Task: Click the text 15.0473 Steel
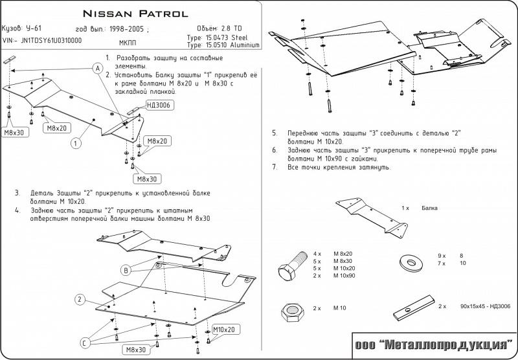(x=229, y=38)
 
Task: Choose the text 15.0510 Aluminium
(x=234, y=45)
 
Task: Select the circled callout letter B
(x=126, y=269)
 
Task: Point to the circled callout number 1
(x=76, y=143)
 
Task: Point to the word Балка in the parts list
(x=429, y=208)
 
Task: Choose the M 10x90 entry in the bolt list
(x=345, y=276)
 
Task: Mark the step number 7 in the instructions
(x=275, y=167)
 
